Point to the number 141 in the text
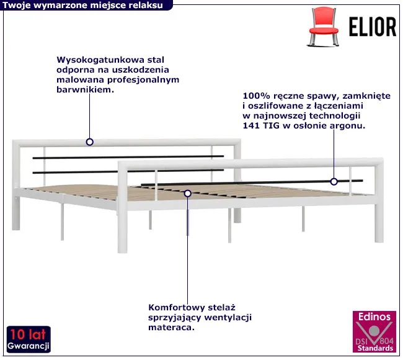[x=251, y=125]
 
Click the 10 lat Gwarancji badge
[x=29, y=339]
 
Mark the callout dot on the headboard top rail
[x=90, y=142]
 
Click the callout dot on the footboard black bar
[x=334, y=182]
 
